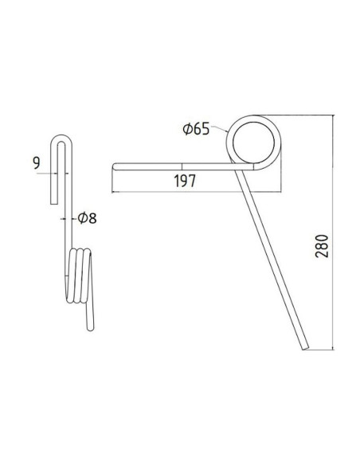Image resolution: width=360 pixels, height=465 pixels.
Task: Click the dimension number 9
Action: pos(37,163)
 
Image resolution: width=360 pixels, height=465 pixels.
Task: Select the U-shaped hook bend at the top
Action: pos(65,140)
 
